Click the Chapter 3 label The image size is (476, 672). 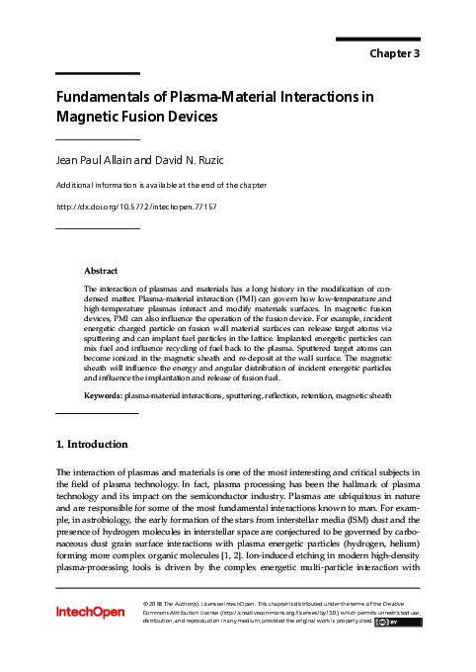tap(395, 53)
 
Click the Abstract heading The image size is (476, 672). tap(102, 270)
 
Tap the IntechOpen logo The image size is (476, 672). tap(90, 612)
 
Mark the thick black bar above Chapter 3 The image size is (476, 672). tap(378, 39)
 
